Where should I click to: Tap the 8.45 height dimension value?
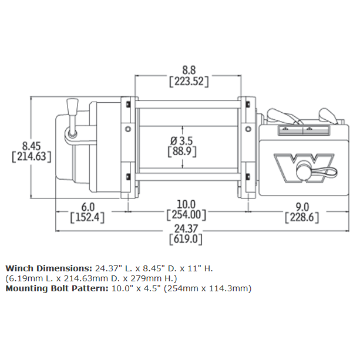31,144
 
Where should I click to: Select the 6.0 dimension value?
88,206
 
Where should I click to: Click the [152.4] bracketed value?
88,218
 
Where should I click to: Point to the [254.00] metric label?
187,215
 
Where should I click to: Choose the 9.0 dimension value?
301,206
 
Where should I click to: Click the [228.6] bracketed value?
301,218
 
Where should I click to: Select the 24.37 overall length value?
186,228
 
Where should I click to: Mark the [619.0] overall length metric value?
186,240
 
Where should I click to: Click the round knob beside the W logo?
304,173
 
